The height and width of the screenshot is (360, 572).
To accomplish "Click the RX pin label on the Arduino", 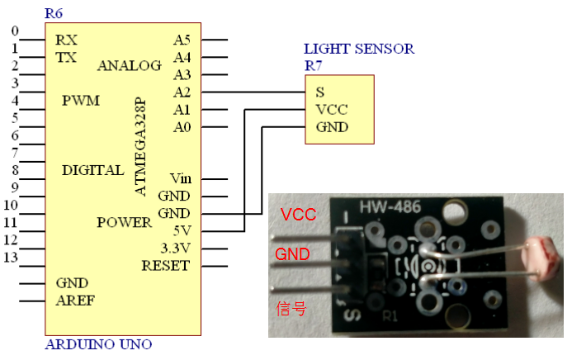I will (x=67, y=40).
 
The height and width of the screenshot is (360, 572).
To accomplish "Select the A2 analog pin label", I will (x=182, y=92).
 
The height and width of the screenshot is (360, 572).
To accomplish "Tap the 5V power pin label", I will (x=181, y=231).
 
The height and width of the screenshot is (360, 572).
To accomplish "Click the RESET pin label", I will (x=165, y=266).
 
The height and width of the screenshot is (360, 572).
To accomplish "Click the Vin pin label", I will (x=180, y=178).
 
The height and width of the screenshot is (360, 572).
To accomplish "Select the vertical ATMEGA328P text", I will (x=140, y=148).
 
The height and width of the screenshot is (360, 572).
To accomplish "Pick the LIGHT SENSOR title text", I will (x=359, y=49).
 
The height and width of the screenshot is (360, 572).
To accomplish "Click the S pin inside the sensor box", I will (x=320, y=92).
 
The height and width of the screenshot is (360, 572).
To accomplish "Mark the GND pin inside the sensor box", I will (x=332, y=127).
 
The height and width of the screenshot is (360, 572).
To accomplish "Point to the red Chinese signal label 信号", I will (x=290, y=309).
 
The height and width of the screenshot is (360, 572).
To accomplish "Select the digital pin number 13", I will (x=10, y=258).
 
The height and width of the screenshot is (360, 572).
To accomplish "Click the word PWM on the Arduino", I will (x=81, y=101).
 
